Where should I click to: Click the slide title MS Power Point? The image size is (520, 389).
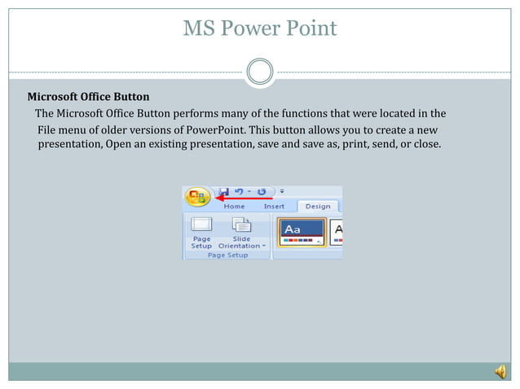pyautogui.click(x=259, y=29)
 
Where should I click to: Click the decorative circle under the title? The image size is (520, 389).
pyautogui.click(x=259, y=72)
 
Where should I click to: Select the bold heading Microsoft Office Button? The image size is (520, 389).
pyautogui.click(x=89, y=97)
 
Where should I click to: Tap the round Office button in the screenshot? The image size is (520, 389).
pyautogui.click(x=196, y=196)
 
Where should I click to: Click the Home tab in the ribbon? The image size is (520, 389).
pyautogui.click(x=234, y=207)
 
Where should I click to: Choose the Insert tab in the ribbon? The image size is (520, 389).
pyautogui.click(x=274, y=207)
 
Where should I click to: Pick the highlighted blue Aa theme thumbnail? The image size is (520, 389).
pyautogui.click(x=302, y=231)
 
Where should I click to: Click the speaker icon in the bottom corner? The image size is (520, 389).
pyautogui.click(x=500, y=372)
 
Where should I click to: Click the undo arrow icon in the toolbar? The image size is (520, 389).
pyautogui.click(x=240, y=192)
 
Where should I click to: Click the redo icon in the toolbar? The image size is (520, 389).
pyautogui.click(x=262, y=192)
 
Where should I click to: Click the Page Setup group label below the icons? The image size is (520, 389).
pyautogui.click(x=227, y=255)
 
